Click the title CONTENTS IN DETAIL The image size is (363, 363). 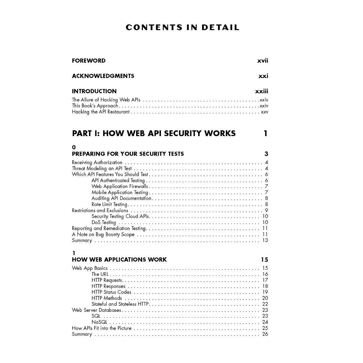pyautogui.click(x=182, y=28)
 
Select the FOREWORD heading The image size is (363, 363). pyautogui.click(x=89, y=61)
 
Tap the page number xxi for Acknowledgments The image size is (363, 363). pyautogui.click(x=263, y=76)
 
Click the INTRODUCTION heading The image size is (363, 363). pyautogui.click(x=94, y=91)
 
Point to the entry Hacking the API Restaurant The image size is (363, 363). pyautogui.click(x=101, y=112)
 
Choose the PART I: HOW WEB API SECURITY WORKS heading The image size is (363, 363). pyautogui.click(x=153, y=133)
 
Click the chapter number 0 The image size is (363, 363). pyautogui.click(x=74, y=147)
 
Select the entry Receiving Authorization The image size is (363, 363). pyautogui.click(x=97, y=162)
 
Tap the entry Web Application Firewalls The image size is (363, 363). pyautogui.click(x=119, y=186)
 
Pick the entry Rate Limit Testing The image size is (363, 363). pyautogui.click(x=109, y=204)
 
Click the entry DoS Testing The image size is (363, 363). pyautogui.click(x=104, y=222)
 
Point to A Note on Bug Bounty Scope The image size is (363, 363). pyautogui.click(x=103, y=234)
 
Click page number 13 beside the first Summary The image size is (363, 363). pyautogui.click(x=265, y=240)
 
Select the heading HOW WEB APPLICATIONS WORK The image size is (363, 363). pyautogui.click(x=119, y=259)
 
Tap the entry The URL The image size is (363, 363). pyautogui.click(x=100, y=274)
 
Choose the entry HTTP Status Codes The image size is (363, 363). pyautogui.click(x=111, y=292)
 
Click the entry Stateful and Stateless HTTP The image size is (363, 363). pyautogui.click(x=120, y=304)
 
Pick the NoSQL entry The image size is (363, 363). pyautogui.click(x=99, y=322)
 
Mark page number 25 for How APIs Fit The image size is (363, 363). pyautogui.click(x=265, y=328)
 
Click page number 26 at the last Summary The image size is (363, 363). pyautogui.click(x=265, y=334)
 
